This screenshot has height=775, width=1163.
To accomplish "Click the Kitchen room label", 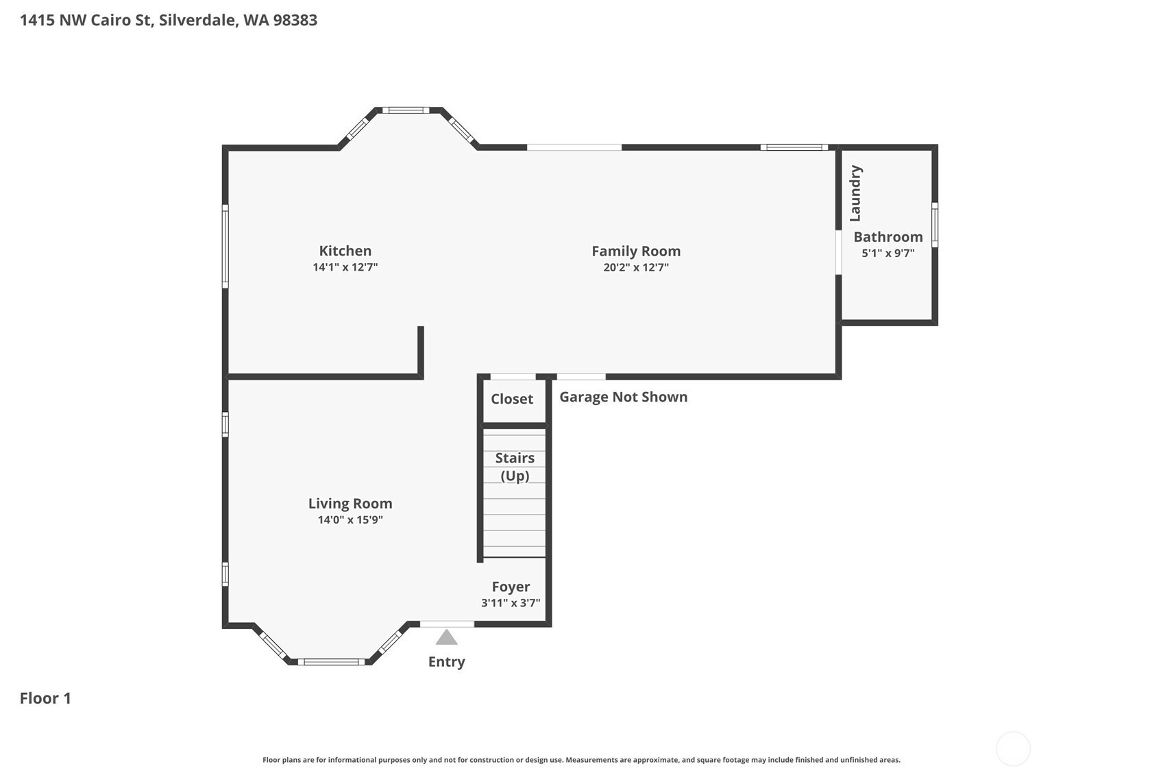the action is (345, 251).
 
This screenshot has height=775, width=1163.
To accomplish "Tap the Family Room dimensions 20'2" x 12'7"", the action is (636, 267).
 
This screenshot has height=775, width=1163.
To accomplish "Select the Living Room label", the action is (350, 504).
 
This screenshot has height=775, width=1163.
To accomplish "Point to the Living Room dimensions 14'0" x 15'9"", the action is (350, 519).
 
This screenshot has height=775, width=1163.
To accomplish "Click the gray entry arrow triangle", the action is (447, 637).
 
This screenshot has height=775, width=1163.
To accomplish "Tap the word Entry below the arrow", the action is (447, 662).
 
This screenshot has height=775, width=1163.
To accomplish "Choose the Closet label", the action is (512, 399).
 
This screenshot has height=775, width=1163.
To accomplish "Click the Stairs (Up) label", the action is (515, 467).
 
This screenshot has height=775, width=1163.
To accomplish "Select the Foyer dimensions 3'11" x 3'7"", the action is (511, 603).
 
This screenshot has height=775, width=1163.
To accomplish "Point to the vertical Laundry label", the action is (855, 193).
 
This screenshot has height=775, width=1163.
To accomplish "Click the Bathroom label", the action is (888, 236).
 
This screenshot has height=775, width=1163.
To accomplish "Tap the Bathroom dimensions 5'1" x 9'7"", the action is (888, 254).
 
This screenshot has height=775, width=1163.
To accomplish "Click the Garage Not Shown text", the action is (624, 397).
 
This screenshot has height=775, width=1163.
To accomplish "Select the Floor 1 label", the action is (45, 698).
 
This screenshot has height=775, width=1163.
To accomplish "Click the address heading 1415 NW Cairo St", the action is (86, 20).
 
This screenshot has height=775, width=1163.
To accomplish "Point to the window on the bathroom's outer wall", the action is (935, 225).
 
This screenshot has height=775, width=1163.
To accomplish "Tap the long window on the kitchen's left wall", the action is (225, 246).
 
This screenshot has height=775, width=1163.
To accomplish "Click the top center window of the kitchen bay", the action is (406, 110).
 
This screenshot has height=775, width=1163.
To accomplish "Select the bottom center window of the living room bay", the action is (331, 662).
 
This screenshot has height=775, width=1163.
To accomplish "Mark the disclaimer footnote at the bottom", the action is (581, 760).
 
